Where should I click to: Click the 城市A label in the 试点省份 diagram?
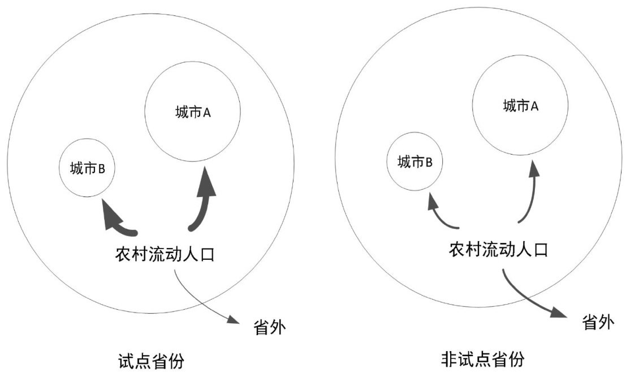pos(193,113)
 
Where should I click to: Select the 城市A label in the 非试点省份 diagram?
pos(520,105)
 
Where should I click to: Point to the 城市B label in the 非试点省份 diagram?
pos(415,163)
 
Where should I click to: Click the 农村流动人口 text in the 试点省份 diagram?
pos(165,253)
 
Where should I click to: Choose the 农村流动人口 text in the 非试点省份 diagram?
pos(498,249)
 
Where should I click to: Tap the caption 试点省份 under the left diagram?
pos(152,360)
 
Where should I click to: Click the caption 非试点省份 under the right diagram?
pos(482,359)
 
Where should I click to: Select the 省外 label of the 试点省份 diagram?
pos(267,327)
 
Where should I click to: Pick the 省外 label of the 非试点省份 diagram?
pos(598,323)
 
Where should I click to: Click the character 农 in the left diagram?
pos(122,253)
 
